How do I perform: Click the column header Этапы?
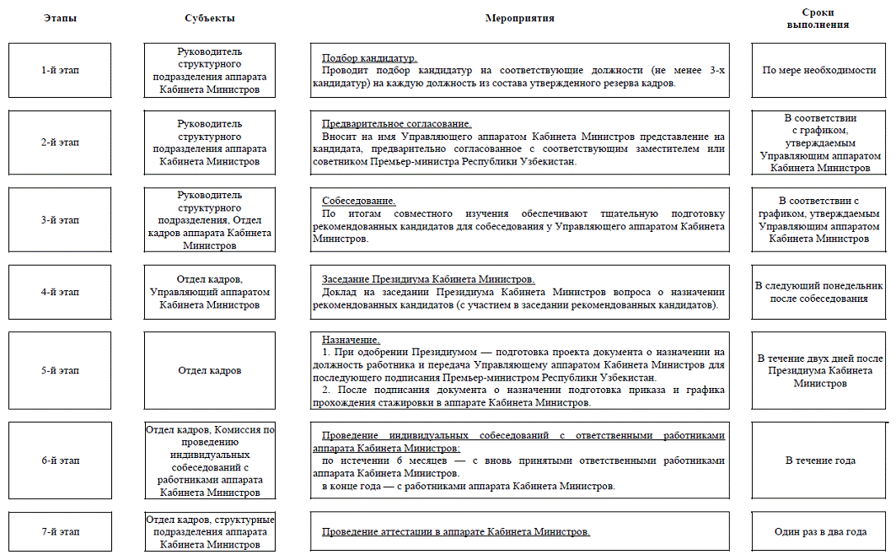[59, 19]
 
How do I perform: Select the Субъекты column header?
[209, 19]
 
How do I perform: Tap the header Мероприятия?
[519, 19]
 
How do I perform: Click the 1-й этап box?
[59, 71]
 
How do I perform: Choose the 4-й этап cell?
[59, 292]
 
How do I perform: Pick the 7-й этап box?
[59, 532]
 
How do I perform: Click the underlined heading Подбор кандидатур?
[370, 58]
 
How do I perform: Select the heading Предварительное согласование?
[396, 124]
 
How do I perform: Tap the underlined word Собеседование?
[359, 201]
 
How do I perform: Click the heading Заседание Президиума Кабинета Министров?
[428, 279]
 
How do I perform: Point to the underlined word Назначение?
[351, 338]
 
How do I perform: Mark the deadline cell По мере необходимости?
[818, 71]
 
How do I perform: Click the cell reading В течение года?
[819, 460]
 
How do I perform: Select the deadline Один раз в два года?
[819, 532]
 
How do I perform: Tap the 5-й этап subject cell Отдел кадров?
[209, 370]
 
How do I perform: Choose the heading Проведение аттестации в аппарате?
[456, 532]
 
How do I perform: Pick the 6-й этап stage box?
[59, 460]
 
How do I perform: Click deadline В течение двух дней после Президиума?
[819, 370]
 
